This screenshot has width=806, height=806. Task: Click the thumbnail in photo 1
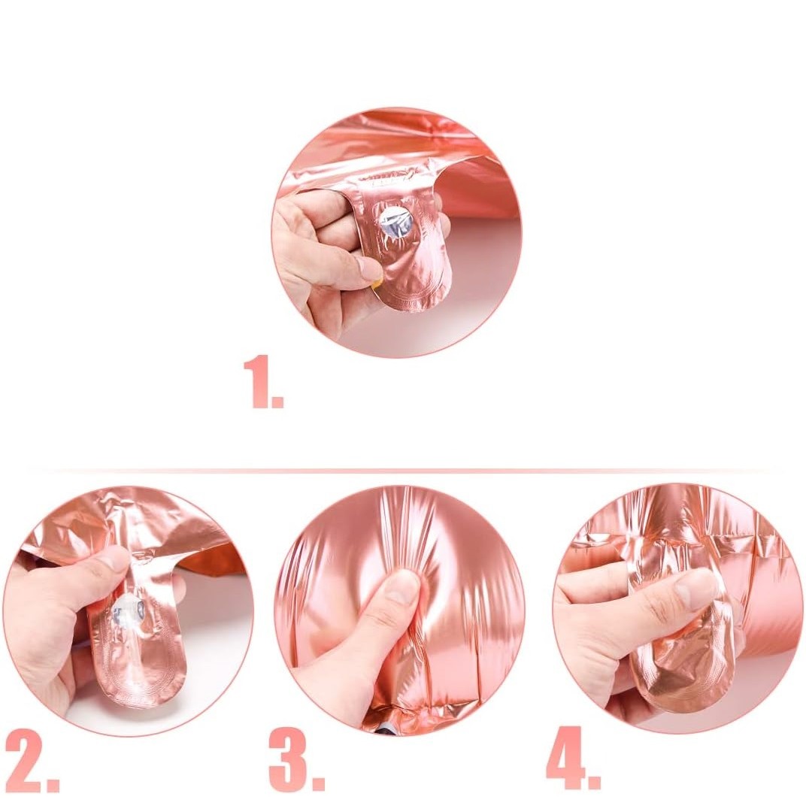click(369, 268)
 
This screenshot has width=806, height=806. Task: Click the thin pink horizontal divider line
click(403, 470)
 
